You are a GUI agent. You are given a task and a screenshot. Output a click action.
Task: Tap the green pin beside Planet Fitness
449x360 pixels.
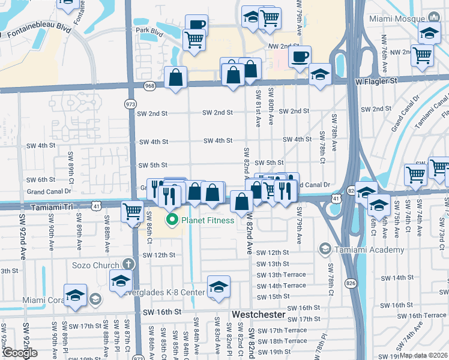click(x=173, y=220)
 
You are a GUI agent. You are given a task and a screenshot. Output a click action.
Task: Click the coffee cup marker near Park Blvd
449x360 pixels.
click(x=196, y=24)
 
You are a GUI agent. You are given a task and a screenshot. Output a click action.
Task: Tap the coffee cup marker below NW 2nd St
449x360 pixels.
click(x=300, y=56)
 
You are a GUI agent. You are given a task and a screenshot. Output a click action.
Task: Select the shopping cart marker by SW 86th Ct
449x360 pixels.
click(x=132, y=211)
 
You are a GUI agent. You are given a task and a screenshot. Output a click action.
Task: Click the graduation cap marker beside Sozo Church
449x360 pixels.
click(x=121, y=280)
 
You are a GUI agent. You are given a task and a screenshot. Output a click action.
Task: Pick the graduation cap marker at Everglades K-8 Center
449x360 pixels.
click(x=218, y=286)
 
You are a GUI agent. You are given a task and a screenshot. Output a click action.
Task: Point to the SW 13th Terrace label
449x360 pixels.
click(x=282, y=275)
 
